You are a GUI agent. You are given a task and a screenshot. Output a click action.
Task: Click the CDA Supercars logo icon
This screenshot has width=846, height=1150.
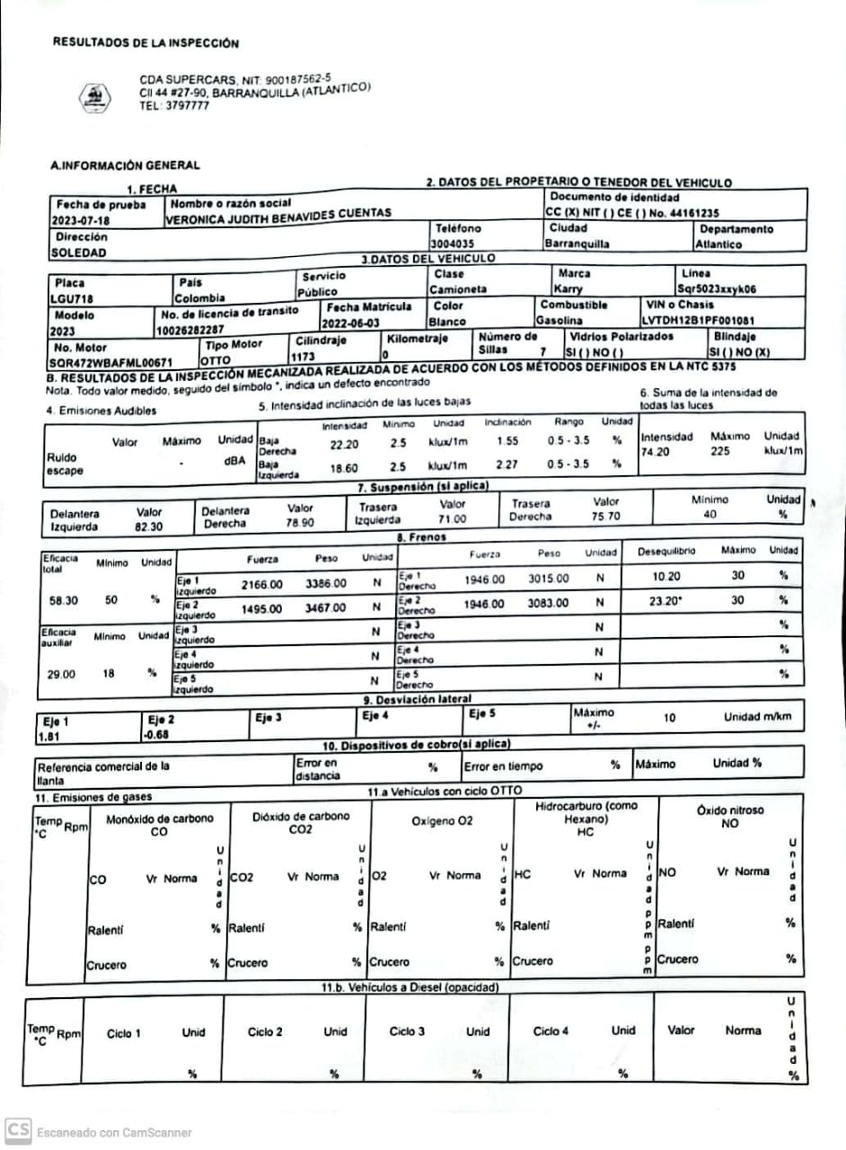click(93, 94)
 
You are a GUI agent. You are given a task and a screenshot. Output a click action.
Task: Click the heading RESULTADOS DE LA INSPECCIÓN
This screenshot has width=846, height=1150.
click(145, 42)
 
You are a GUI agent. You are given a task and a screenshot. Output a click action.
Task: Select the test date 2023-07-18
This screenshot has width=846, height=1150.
click(81, 220)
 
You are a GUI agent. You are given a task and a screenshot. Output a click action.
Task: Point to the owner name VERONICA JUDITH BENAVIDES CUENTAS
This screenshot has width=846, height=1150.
click(278, 214)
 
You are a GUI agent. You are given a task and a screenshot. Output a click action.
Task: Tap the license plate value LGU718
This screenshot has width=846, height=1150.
click(72, 298)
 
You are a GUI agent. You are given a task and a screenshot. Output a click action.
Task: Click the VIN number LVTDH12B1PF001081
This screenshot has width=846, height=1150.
click(698, 320)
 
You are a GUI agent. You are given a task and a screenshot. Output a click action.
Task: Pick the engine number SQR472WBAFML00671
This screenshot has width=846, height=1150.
click(110, 363)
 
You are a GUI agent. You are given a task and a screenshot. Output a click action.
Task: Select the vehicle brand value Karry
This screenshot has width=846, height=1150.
click(568, 289)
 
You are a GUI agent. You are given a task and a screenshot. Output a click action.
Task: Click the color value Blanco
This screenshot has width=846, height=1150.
click(446, 321)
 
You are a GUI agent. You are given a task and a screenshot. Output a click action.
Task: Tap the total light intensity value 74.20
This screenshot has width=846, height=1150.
click(656, 452)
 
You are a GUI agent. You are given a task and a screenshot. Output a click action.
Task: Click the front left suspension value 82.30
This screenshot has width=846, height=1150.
click(149, 527)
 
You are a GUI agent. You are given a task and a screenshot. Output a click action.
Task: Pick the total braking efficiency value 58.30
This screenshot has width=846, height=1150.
click(63, 597)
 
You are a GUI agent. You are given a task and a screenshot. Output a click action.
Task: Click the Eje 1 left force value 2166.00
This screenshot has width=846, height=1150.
click(261, 585)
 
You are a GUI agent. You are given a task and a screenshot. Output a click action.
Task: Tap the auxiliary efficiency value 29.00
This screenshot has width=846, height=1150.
click(62, 672)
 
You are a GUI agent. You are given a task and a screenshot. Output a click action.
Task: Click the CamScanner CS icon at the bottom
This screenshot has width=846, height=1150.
click(18, 1130)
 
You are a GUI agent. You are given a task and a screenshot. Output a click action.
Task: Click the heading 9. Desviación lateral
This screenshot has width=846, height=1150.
click(417, 699)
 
